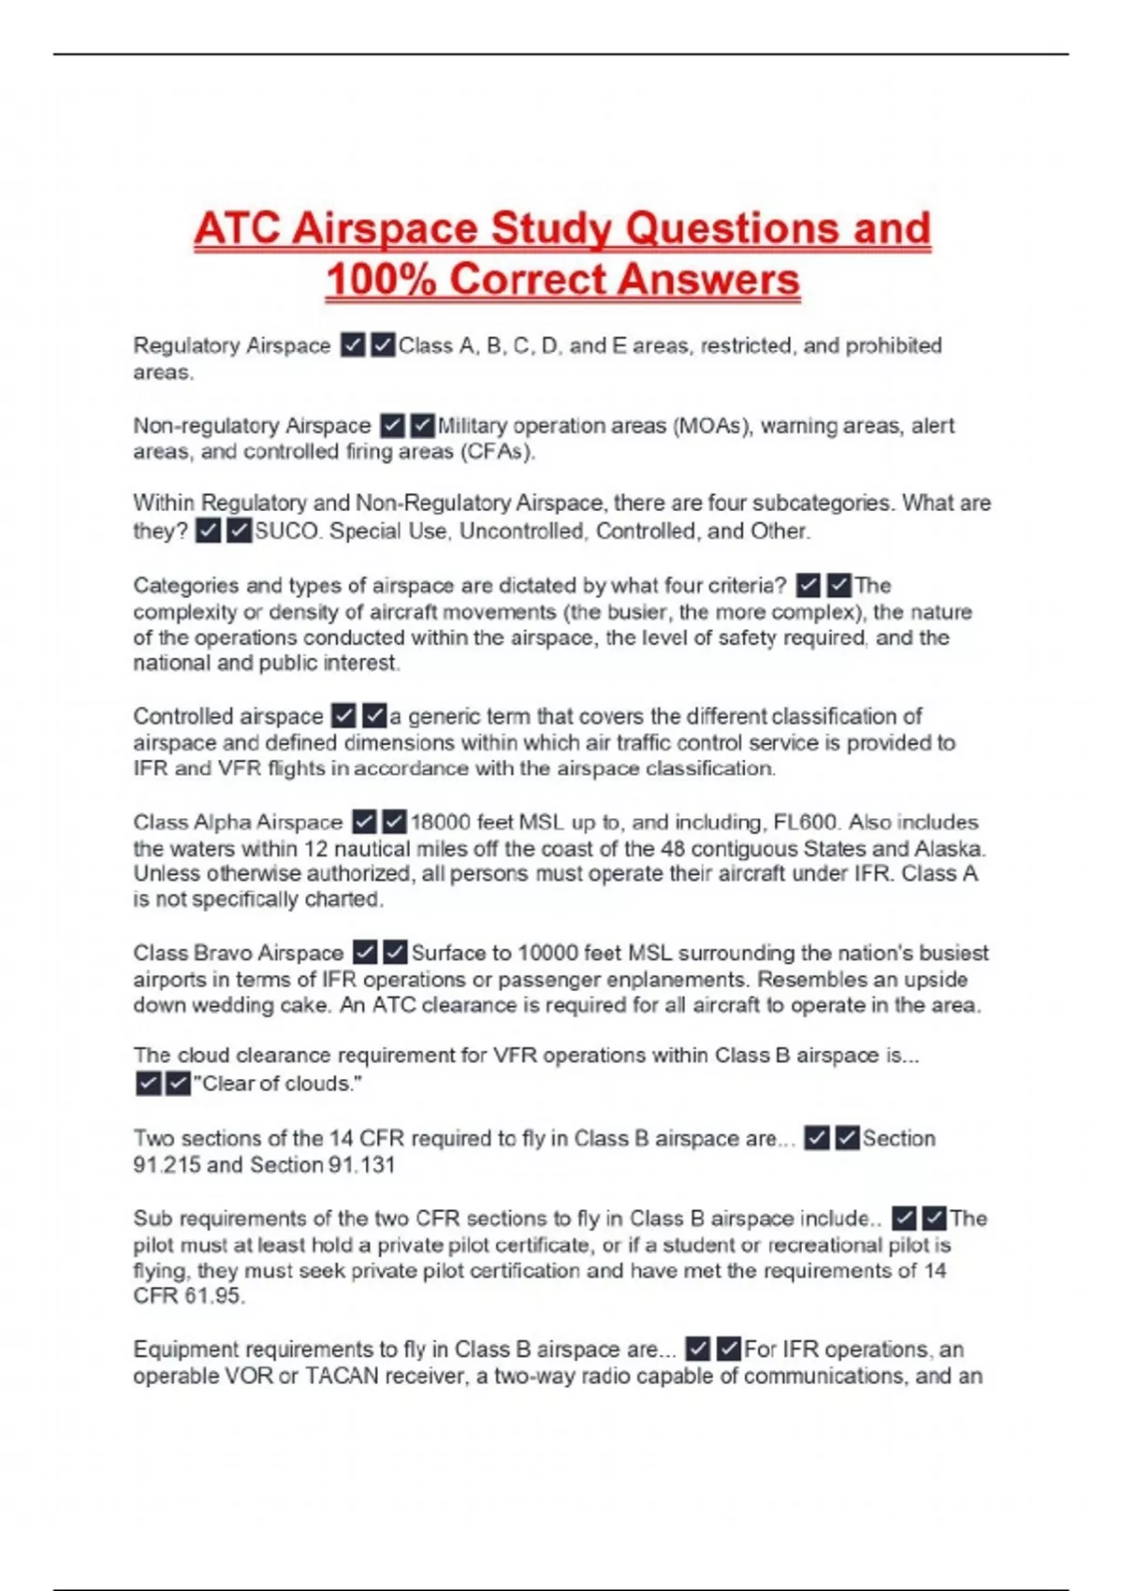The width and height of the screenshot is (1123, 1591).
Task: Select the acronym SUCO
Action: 287,532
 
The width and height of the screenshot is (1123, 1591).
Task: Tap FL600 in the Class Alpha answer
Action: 806,823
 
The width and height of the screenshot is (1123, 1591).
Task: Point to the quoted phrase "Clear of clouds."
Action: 277,1084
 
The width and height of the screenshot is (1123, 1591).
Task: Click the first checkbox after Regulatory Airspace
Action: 353,346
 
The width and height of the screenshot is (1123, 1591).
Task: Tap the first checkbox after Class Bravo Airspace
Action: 365,954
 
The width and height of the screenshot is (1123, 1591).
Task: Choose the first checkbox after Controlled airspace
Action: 344,717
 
